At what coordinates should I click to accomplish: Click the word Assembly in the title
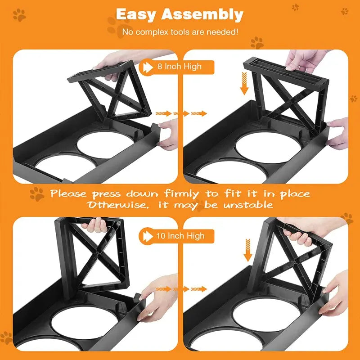(203, 14)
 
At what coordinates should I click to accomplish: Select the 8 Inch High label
(179, 67)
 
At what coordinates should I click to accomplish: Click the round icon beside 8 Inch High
(147, 67)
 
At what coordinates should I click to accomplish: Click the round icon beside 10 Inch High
(147, 235)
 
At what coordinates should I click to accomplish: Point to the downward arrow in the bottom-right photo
(247, 251)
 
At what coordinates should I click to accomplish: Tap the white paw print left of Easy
(19, 15)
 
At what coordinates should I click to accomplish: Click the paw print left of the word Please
(37, 194)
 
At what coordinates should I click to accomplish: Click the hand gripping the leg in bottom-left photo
(97, 224)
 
